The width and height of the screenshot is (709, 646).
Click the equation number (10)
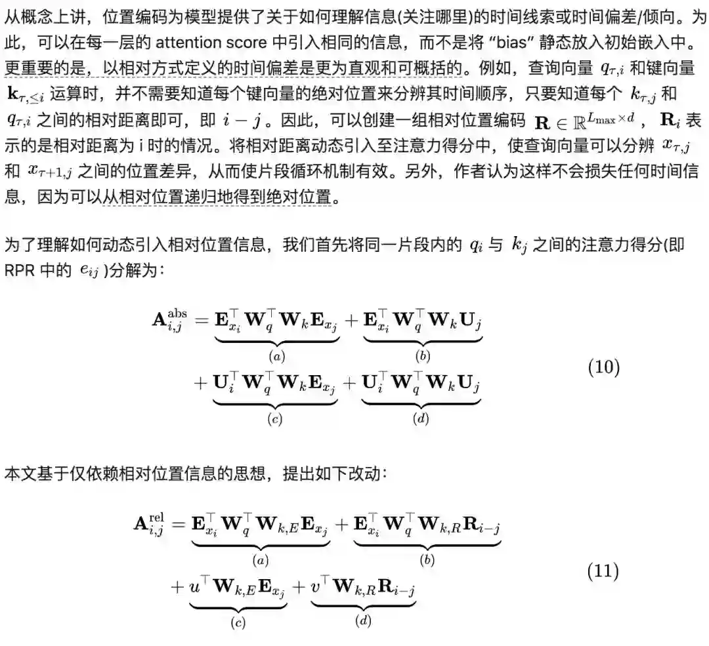coord(603,367)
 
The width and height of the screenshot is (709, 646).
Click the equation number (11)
coord(603,571)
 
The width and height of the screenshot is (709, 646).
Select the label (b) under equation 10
coord(423,357)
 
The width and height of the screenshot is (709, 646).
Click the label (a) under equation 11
coord(261,560)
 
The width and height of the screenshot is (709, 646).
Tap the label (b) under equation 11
coord(427,560)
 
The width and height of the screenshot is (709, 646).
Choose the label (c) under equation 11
coord(238,622)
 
